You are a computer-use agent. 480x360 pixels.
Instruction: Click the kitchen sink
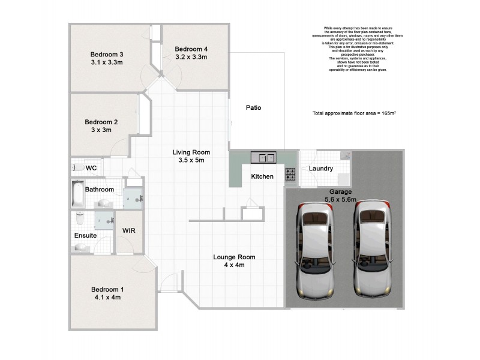263,158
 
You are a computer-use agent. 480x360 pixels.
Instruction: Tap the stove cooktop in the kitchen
290,175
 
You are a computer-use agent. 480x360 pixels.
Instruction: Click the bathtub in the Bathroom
77,193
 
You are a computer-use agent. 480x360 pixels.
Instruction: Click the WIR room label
128,231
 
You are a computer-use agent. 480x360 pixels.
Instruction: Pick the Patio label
254,108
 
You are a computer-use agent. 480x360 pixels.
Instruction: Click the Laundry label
321,169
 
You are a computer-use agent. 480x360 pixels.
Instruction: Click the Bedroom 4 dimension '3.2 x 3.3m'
191,58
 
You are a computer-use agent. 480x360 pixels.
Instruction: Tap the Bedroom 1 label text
107,288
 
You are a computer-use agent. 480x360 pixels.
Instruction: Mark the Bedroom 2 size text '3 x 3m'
101,130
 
